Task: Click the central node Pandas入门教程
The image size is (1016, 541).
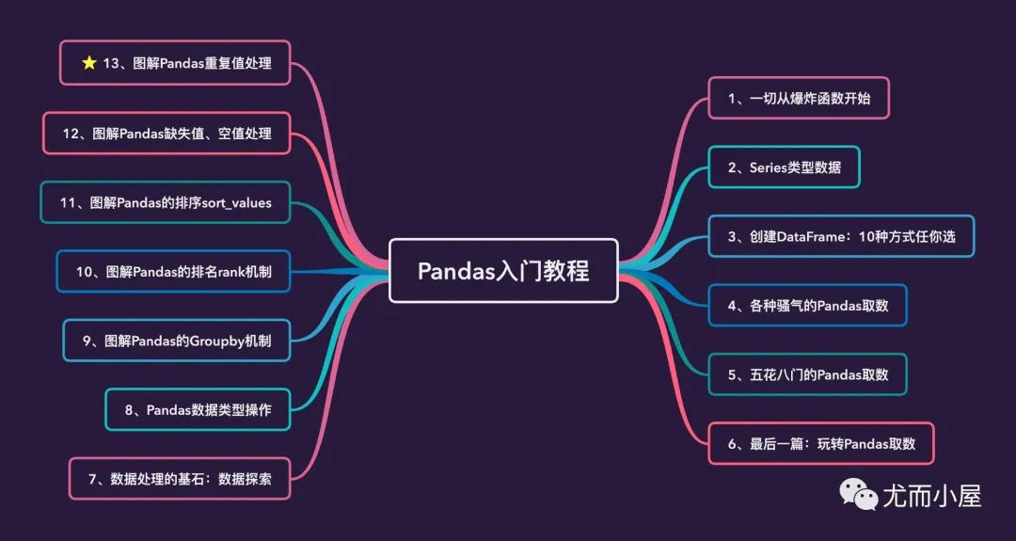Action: (x=503, y=271)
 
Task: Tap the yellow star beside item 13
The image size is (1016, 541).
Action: (x=89, y=63)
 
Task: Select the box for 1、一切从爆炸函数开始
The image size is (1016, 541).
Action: (x=798, y=98)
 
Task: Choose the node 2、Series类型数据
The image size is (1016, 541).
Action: (x=784, y=167)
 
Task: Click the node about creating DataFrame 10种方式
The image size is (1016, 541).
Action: (x=841, y=236)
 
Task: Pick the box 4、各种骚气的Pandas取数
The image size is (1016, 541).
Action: (x=807, y=305)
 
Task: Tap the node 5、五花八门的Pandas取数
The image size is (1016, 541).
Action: (x=807, y=374)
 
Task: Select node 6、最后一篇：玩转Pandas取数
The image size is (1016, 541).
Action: (x=820, y=443)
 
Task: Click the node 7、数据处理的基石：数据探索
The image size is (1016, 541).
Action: (x=180, y=478)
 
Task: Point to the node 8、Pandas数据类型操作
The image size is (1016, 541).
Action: (x=198, y=409)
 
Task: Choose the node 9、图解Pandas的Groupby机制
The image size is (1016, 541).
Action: (x=177, y=341)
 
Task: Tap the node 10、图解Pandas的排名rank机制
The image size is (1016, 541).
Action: (x=173, y=271)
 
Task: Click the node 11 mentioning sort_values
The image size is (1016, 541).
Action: (x=166, y=202)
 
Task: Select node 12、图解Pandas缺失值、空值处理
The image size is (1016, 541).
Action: (x=167, y=134)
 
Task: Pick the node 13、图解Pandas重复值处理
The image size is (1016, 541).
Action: (x=175, y=63)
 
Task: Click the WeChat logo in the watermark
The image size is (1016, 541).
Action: (x=859, y=493)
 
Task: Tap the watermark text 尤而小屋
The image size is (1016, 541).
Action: (x=931, y=495)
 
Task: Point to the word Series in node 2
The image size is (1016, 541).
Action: (x=769, y=167)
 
